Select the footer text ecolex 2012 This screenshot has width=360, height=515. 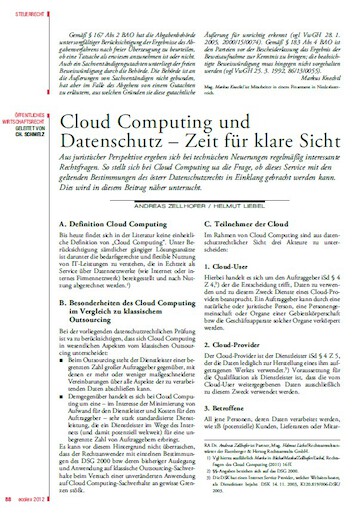(x=33, y=502)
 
